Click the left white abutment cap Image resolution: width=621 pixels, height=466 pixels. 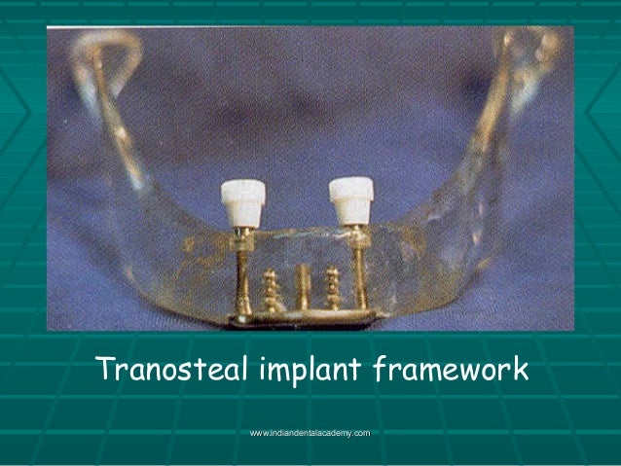pyautogui.click(x=242, y=202)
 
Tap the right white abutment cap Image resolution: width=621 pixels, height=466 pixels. pyautogui.click(x=350, y=199)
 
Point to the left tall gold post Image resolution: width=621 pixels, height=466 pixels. pyautogui.click(x=241, y=277)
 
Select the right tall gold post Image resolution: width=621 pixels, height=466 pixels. pyautogui.click(x=360, y=277)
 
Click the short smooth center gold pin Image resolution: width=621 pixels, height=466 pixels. pyautogui.click(x=303, y=287)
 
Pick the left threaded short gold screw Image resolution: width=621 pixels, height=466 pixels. pyautogui.click(x=273, y=290)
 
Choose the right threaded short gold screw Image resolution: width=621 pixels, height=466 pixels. pyautogui.click(x=333, y=288)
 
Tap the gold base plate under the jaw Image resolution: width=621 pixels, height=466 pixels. pyautogui.click(x=302, y=318)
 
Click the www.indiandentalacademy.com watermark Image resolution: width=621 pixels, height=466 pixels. pyautogui.click(x=310, y=431)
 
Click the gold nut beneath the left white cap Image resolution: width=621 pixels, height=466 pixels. pyautogui.click(x=241, y=235)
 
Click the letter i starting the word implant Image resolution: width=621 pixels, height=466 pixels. pyautogui.click(x=266, y=371)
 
